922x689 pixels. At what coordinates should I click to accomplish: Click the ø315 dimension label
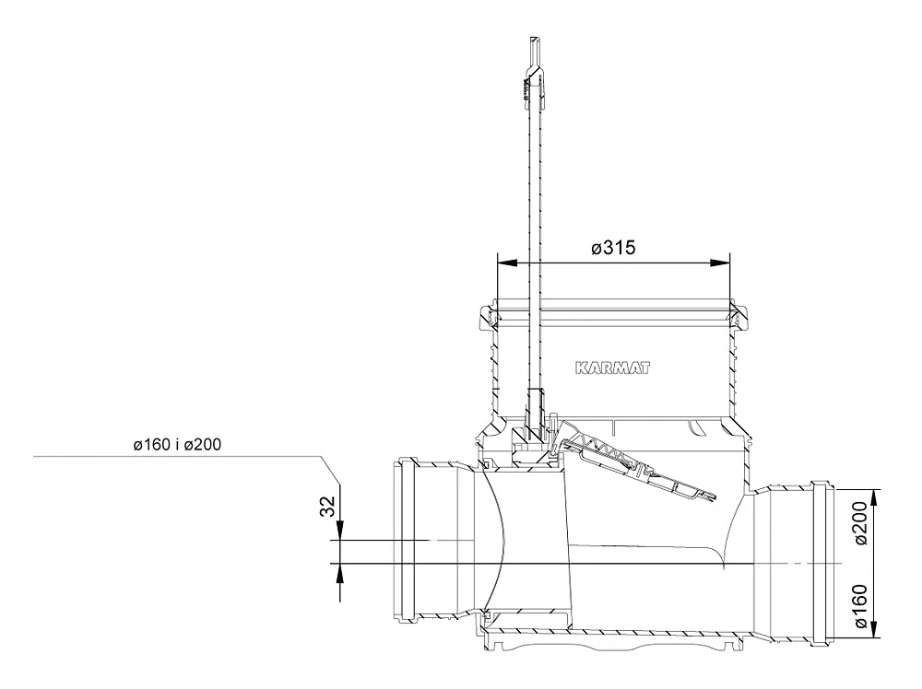(x=613, y=248)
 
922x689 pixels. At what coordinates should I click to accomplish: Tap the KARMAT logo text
(x=613, y=368)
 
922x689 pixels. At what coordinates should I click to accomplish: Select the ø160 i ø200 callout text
(x=177, y=445)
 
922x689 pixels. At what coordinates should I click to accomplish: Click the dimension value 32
(x=327, y=507)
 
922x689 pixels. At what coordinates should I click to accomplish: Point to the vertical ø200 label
(x=860, y=523)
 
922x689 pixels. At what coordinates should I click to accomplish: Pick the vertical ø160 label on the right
(x=860, y=606)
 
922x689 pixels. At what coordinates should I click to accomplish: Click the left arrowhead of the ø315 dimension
(x=507, y=263)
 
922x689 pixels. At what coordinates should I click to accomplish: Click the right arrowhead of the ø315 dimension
(x=720, y=263)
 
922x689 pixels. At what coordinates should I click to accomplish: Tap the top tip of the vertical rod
(x=535, y=39)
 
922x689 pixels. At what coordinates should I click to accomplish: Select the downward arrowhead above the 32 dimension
(x=340, y=530)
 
